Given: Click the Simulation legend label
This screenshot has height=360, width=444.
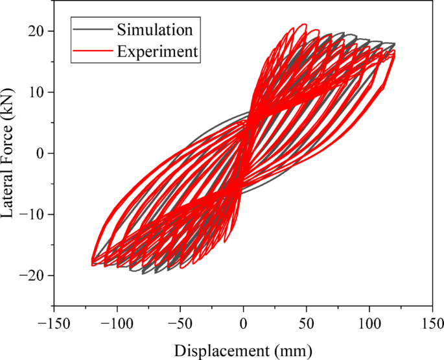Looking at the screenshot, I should click(155, 29).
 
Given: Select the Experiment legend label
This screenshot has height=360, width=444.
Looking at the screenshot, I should click(157, 51).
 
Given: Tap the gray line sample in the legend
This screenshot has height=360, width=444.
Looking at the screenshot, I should click(93, 29).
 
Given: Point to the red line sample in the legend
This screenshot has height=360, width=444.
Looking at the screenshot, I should click(93, 51).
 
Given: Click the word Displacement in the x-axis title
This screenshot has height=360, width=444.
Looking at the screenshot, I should click(221, 350).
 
